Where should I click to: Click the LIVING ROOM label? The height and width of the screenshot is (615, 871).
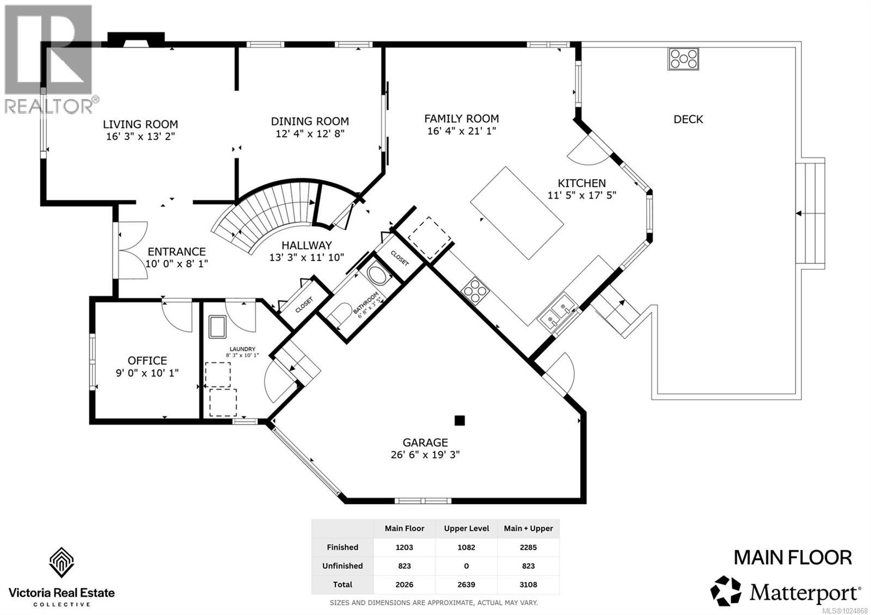coord(140,125)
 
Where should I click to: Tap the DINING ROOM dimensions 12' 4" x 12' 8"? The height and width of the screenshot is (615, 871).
coord(310,134)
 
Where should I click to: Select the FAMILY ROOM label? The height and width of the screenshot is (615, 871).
coord(462,119)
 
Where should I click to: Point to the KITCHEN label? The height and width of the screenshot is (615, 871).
coord(582,183)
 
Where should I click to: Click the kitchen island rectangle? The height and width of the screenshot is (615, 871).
coord(517,213)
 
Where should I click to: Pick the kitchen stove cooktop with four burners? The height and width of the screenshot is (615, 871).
coord(475,290)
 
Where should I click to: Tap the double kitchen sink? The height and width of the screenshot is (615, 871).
coord(557,313)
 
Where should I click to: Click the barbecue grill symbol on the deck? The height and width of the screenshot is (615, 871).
coord(683,59)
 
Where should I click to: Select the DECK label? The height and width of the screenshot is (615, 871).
coord(688,119)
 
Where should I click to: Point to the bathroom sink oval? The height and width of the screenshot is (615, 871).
coord(376,274)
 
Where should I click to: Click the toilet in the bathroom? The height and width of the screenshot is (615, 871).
coord(339,314)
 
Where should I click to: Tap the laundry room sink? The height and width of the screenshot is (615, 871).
coord(217,327)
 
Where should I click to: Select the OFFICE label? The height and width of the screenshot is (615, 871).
coord(148,360)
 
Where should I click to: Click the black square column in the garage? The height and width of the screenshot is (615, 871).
coord(459,420)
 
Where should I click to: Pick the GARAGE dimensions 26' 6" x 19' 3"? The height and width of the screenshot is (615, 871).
coord(425,454)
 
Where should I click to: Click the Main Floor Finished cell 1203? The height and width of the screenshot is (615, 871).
coord(404,548)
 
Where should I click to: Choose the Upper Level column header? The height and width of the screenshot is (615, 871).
coord(466,528)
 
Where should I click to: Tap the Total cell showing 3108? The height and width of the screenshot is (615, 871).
coord(528,585)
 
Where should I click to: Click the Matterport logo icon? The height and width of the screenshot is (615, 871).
coord(726,591)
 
